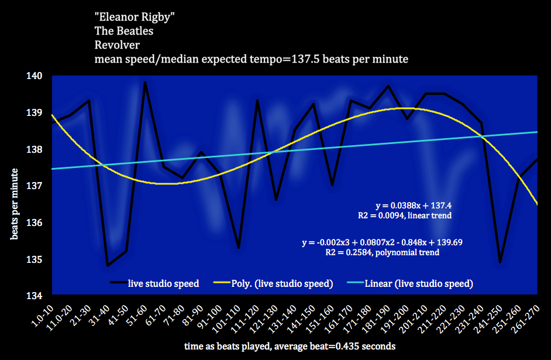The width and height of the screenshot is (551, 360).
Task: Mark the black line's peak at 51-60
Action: [144, 83]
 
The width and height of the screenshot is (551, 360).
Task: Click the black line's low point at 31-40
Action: [108, 266]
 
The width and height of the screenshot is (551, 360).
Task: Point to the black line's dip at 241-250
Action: [500, 262]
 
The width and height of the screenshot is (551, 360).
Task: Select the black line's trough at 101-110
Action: [239, 248]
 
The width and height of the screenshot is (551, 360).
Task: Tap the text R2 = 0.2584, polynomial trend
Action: [383, 252]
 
